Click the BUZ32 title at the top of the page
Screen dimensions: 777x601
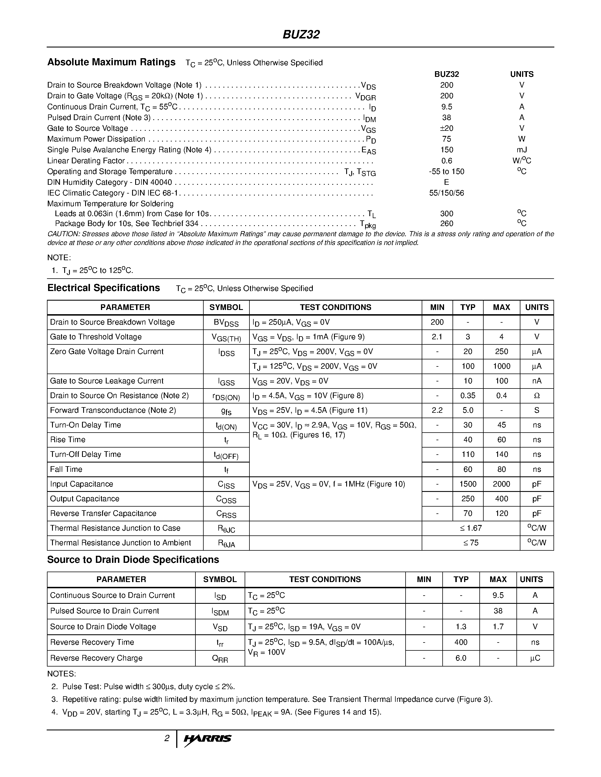(301, 34)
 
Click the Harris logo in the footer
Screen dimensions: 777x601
(208, 739)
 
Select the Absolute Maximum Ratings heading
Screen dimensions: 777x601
(111, 62)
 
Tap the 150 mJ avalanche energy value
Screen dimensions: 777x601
(447, 150)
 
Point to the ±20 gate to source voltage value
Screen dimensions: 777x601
(447, 128)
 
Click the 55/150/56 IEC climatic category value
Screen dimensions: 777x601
(447, 193)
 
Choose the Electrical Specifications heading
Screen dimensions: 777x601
(104, 288)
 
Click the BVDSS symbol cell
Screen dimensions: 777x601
(226, 323)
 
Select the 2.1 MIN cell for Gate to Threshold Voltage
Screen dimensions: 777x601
(437, 337)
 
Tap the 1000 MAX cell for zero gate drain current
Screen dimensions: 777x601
(501, 366)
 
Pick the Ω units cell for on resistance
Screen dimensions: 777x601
(537, 396)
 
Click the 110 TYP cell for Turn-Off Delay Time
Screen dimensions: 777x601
(468, 454)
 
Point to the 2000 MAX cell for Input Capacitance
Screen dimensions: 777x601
(501, 484)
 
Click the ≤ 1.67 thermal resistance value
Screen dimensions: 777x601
(471, 528)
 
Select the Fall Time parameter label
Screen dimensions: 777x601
(66, 469)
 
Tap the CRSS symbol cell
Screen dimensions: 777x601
(226, 514)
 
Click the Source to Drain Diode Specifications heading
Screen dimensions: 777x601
(133, 560)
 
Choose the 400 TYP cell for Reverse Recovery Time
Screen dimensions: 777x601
(461, 642)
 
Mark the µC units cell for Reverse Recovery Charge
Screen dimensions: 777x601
(535, 658)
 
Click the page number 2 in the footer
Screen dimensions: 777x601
(167, 739)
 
